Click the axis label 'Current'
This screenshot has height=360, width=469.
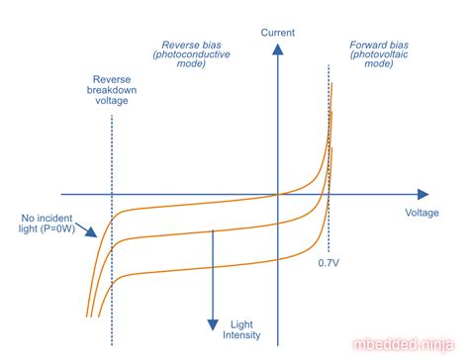pos(278,34)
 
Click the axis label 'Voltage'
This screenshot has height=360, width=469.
pos(422,213)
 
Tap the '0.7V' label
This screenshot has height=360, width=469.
pos(329,263)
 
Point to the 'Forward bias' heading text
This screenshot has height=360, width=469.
pos(378,45)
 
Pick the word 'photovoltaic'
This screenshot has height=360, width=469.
pos(378,56)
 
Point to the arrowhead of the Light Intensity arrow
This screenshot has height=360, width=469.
pos(211,323)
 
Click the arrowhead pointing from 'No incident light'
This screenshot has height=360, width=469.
pos(94,234)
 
